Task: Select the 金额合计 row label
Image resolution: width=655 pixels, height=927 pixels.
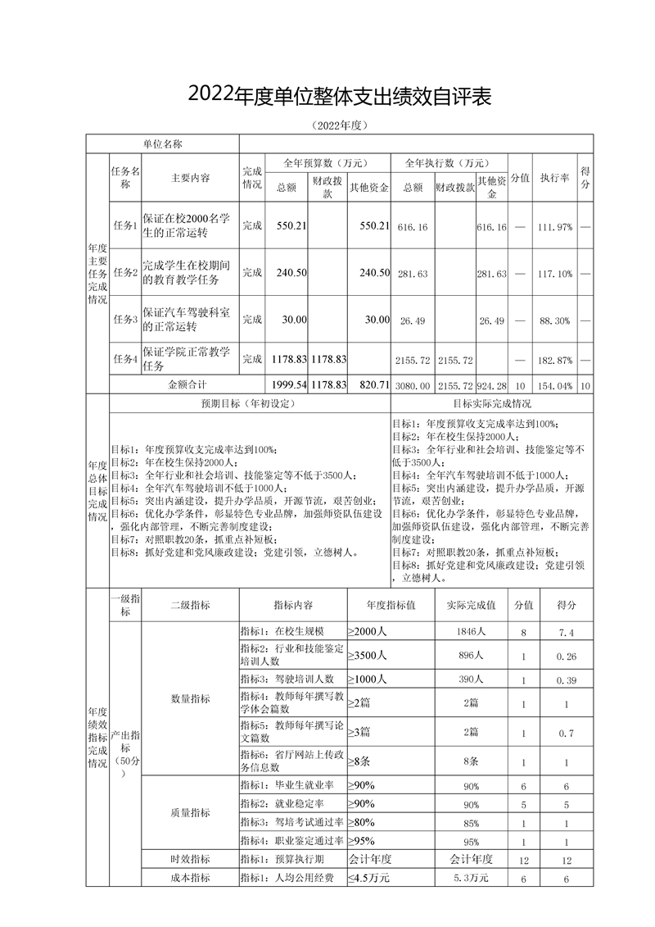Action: pyautogui.click(x=187, y=384)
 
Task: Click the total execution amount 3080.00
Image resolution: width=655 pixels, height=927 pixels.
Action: pyautogui.click(x=413, y=384)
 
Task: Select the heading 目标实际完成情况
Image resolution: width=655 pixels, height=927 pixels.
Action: pyautogui.click(x=491, y=403)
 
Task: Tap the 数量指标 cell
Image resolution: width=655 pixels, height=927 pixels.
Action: pyautogui.click(x=190, y=699)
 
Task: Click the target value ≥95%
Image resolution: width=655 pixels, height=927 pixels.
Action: pyautogui.click(x=361, y=841)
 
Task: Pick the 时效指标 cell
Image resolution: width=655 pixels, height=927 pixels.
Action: pyautogui.click(x=190, y=859)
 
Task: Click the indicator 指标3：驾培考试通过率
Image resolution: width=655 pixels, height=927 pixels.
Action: pyautogui.click(x=291, y=822)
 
